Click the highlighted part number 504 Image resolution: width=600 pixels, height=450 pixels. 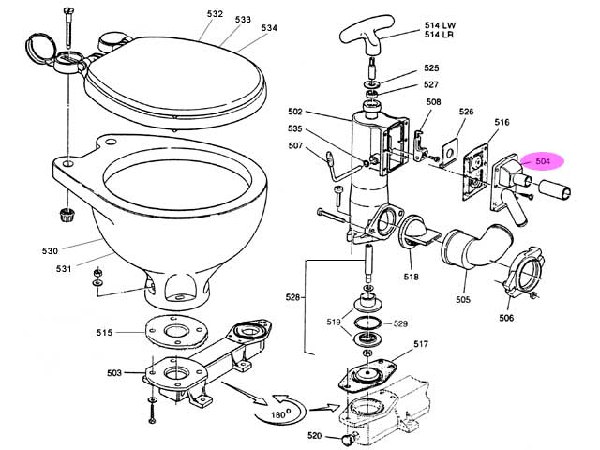click(543, 161)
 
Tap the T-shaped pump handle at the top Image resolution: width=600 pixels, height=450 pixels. click(367, 36)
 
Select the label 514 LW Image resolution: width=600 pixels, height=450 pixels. click(440, 25)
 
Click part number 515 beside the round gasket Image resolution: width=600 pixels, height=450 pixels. click(104, 333)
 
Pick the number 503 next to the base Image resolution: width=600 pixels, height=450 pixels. click(114, 372)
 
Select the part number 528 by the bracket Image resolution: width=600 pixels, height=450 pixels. click(292, 297)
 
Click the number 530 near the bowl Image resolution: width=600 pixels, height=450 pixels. click(50, 251)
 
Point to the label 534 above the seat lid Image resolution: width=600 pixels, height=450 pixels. click(269, 28)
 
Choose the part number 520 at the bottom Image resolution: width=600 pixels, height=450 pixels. click(315, 435)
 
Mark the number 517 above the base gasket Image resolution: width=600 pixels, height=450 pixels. click(421, 344)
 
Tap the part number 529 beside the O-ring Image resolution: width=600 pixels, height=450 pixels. click(400, 323)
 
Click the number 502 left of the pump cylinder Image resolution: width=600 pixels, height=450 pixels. click(295, 112)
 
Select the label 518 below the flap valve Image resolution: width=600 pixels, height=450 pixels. click(411, 277)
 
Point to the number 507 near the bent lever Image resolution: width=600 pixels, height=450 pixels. click(295, 145)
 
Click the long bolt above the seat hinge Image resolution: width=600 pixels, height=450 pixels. click(68, 27)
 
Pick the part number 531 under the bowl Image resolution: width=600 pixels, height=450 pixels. click(64, 269)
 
